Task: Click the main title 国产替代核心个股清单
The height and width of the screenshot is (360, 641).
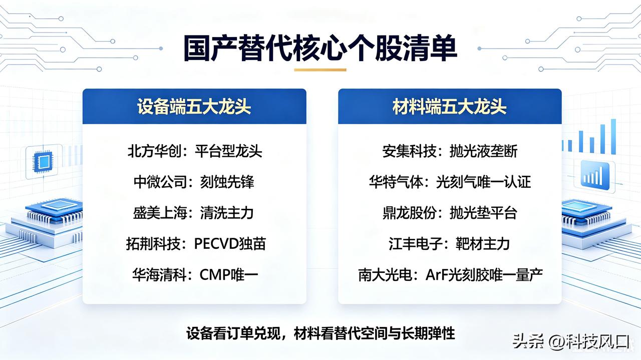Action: click(320, 48)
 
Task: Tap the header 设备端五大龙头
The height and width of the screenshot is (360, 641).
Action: click(194, 107)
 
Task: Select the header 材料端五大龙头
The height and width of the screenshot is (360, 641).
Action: click(450, 107)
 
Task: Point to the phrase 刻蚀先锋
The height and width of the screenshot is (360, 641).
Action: click(227, 182)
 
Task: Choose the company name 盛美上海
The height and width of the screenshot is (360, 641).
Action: click(160, 213)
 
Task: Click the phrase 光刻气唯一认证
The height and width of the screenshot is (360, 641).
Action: click(483, 182)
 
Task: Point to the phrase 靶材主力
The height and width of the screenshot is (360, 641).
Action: click(482, 244)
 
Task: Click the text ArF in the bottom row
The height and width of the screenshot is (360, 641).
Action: click(437, 275)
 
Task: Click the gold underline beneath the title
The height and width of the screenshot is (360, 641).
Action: click(320, 70)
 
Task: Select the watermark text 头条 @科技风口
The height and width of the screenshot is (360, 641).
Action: click(570, 341)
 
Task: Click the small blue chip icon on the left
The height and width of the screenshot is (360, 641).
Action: click(43, 162)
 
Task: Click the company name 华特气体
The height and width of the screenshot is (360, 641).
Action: click(396, 182)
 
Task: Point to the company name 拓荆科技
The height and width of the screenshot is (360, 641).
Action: click(153, 244)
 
